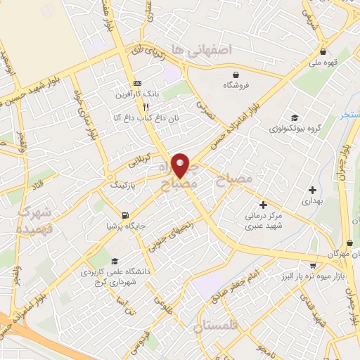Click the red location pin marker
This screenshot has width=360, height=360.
(x=181, y=165)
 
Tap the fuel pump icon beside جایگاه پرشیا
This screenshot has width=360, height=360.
(x=125, y=215)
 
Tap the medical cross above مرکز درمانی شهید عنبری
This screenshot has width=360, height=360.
(x=263, y=205)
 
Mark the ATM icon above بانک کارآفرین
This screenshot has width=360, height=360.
(x=137, y=82)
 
